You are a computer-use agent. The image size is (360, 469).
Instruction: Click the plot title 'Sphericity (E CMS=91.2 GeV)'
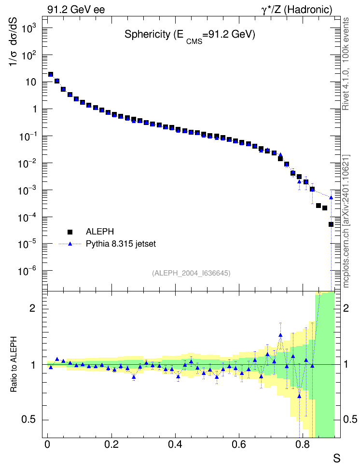tap(190, 36)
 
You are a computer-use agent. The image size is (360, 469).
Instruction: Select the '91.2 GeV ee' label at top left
tap(76, 10)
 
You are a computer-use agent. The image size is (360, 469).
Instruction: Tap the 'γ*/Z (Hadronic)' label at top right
tap(297, 10)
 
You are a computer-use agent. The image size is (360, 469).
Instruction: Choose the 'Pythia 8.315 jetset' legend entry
tap(108, 244)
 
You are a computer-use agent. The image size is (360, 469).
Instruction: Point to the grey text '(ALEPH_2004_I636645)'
tap(191, 273)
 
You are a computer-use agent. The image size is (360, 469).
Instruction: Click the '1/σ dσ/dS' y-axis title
tap(13, 41)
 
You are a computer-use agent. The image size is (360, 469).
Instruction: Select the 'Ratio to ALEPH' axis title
tap(14, 364)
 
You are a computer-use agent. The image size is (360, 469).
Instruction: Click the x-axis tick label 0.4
tap(175, 444)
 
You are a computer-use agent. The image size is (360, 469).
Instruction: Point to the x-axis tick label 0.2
tap(111, 444)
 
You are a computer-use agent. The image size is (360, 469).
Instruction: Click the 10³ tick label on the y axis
tap(28, 29)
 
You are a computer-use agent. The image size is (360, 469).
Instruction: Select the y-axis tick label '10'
tap(31, 82)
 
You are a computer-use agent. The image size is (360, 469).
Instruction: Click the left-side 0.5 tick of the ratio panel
tap(29, 420)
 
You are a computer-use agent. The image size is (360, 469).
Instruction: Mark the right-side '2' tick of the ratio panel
tap(346, 308)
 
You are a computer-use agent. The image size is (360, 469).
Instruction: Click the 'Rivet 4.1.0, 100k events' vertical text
tap(346, 64)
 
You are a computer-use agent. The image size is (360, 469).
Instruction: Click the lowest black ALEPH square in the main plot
tap(331, 224)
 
